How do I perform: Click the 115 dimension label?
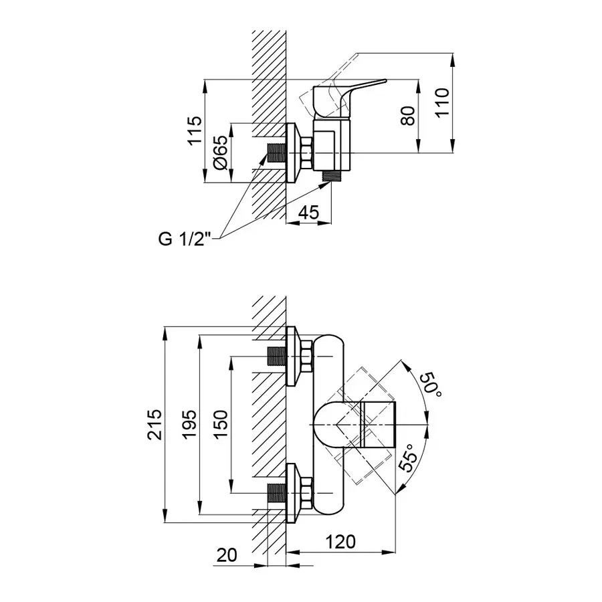point(194,131)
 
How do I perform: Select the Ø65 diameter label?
point(222,154)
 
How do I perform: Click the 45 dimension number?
point(308,213)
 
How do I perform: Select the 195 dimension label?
point(191,424)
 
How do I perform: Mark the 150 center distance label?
point(221,424)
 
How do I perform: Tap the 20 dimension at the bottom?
point(228,555)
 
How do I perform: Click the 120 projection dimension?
point(341,542)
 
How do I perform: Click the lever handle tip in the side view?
point(381,82)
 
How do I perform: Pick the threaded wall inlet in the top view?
point(276,154)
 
